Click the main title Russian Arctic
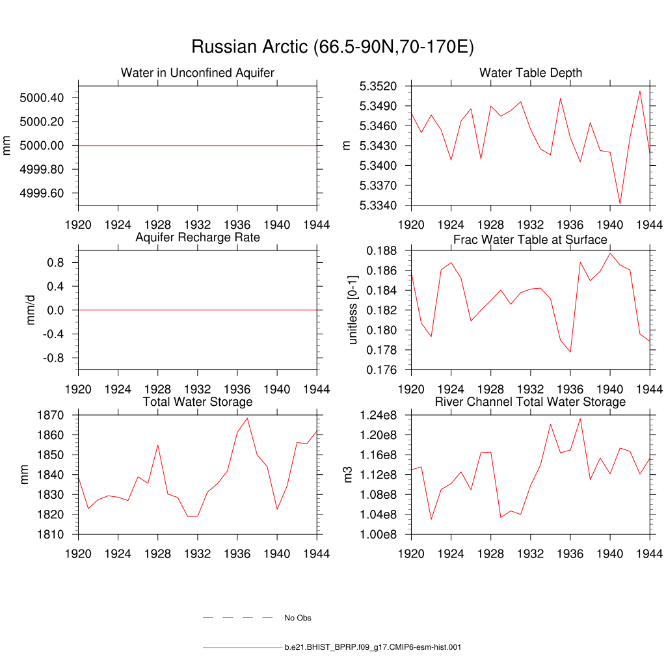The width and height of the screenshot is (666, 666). click(x=332, y=47)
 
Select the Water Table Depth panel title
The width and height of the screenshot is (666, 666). click(x=530, y=73)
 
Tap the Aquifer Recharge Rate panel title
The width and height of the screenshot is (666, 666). click(x=198, y=237)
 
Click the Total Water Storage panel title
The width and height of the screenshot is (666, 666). click(x=198, y=402)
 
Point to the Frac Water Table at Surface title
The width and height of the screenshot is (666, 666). click(x=530, y=239)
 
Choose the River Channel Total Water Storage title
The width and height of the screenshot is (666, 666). click(x=530, y=402)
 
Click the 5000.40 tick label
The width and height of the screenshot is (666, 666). click(x=42, y=98)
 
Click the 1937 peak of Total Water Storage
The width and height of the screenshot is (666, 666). click(x=247, y=418)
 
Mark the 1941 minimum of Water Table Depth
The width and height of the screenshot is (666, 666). click(x=620, y=204)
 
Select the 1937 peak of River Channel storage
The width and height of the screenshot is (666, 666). click(x=580, y=418)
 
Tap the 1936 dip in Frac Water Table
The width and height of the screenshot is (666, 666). click(x=570, y=352)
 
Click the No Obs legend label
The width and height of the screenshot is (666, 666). click(x=297, y=618)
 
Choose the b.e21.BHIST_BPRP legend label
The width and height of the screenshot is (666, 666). click(x=373, y=648)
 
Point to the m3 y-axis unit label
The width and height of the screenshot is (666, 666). click(x=349, y=475)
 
